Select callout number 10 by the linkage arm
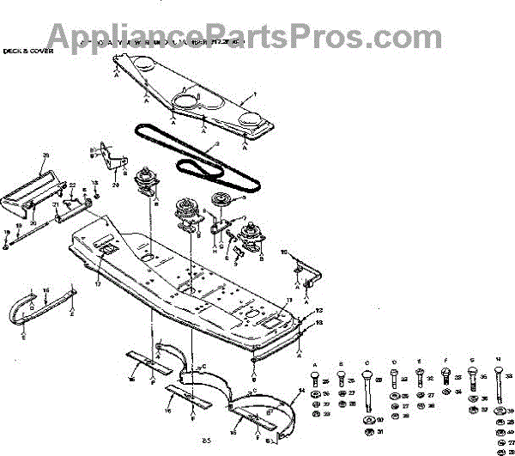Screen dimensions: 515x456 (x=284, y=252)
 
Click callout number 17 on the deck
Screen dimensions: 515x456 (x=98, y=283)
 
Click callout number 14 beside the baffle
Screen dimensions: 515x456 (x=301, y=392)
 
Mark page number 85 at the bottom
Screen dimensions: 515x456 (x=206, y=441)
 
